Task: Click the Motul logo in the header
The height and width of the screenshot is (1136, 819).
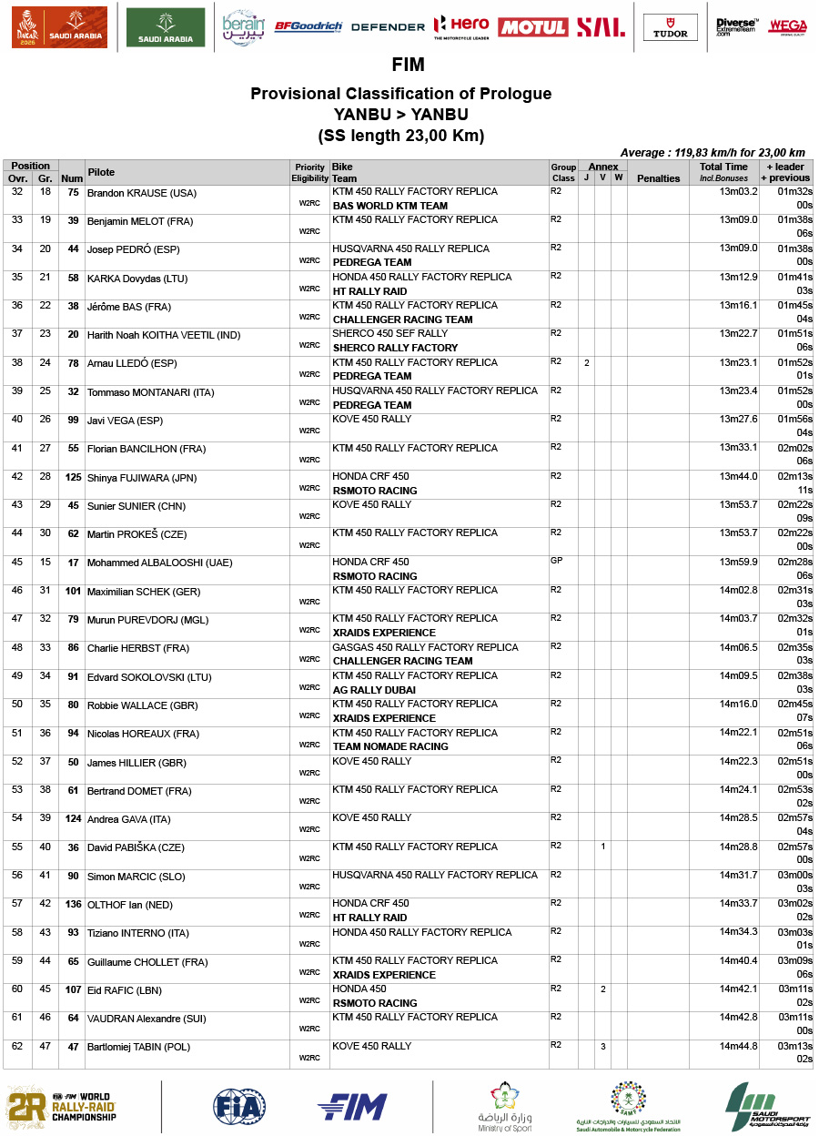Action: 532,27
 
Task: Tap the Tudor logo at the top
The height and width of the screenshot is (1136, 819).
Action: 671,27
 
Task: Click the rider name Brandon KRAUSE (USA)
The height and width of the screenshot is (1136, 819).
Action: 141,194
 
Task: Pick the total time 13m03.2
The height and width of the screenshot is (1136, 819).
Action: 738,192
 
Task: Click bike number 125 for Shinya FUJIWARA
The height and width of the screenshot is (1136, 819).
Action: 73,478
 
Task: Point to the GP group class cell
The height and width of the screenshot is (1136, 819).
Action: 557,562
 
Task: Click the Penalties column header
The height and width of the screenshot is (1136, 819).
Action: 658,178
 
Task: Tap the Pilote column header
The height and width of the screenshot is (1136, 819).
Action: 101,172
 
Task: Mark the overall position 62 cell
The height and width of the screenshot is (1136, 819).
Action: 16,1048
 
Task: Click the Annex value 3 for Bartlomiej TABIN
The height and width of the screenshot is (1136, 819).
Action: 602,1047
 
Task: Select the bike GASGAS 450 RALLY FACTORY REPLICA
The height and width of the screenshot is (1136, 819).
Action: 425,647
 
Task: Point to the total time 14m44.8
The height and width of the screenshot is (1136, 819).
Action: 738,1047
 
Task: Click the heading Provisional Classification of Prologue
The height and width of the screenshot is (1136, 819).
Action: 400,94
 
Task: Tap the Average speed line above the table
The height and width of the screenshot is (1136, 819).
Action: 712,153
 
